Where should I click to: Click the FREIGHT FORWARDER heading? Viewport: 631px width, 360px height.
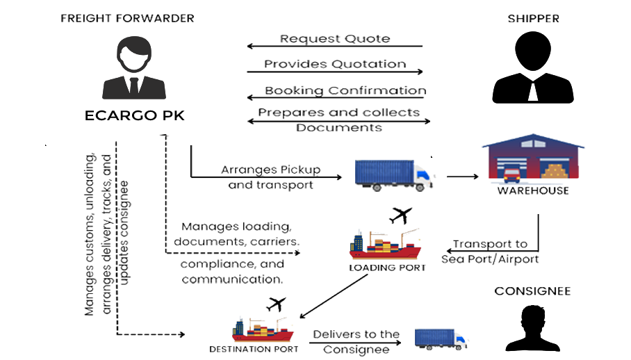126,18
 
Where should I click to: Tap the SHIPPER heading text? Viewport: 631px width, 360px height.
533,19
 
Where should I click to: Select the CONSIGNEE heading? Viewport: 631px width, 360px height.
532,291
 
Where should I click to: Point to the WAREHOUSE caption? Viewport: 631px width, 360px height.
534,190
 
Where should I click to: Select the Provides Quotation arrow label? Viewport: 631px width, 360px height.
335,66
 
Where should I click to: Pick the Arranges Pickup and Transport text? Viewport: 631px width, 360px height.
272,177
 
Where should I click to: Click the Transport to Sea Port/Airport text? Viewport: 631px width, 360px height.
491,252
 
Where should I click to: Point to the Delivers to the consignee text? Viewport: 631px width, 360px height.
355,340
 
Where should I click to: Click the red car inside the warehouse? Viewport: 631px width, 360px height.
511,172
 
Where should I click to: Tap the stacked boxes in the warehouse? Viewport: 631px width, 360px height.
555,171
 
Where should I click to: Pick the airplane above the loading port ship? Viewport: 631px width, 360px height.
399,217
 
